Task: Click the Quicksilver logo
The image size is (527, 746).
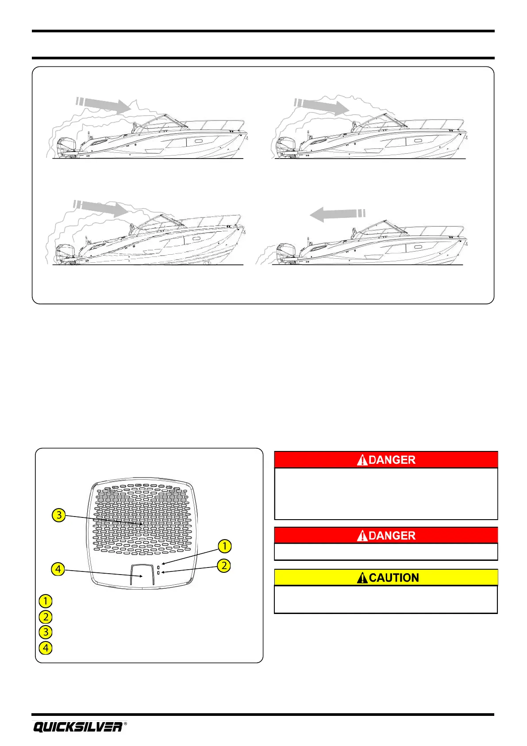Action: (x=77, y=727)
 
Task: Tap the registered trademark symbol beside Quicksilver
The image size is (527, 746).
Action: (x=126, y=723)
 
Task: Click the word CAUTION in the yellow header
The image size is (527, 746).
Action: (x=394, y=578)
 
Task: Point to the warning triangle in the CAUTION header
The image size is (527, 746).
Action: (x=363, y=578)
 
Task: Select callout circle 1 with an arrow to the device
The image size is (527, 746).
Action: (x=225, y=546)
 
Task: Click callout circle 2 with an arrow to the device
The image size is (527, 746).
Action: (x=224, y=565)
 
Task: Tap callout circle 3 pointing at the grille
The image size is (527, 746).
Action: (x=59, y=515)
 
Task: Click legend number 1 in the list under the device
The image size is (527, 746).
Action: (x=46, y=601)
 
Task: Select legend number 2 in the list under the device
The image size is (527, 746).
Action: (x=46, y=617)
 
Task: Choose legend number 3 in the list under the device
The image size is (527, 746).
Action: (x=46, y=632)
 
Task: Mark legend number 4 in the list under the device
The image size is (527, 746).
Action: (x=46, y=648)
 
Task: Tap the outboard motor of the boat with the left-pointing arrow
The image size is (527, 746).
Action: (x=285, y=253)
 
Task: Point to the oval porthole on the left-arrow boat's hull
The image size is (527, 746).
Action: (x=418, y=247)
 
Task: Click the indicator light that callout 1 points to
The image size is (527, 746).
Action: (x=158, y=567)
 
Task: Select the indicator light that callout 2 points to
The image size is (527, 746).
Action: (x=158, y=573)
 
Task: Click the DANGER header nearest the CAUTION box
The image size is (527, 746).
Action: (x=386, y=536)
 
